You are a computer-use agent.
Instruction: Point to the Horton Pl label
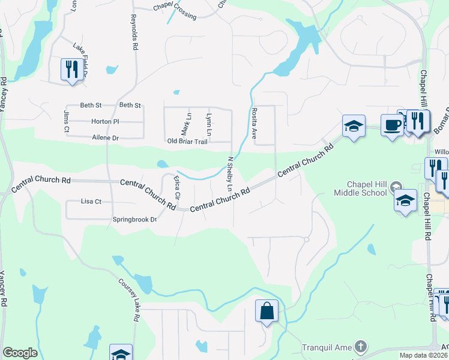[105, 121]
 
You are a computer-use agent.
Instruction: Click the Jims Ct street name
[67, 121]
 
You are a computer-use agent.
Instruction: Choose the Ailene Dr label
[104, 137]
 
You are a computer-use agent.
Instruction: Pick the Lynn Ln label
[208, 123]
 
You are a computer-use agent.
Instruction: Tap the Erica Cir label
[176, 187]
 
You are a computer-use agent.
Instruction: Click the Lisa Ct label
[91, 202]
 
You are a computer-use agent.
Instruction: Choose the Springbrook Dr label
[134, 220]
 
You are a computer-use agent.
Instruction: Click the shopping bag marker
[267, 311]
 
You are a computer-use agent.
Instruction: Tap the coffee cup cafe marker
[392, 125]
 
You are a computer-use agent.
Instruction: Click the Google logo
[20, 353]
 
